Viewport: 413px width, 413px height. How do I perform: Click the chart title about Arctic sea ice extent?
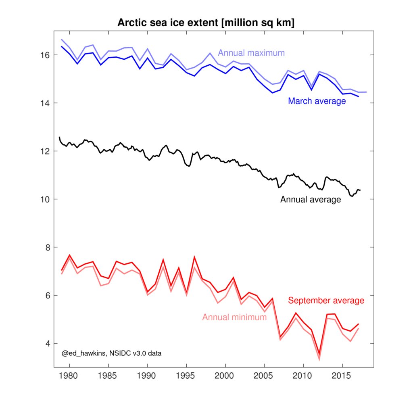coord(206,23)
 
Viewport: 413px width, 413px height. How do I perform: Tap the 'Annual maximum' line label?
coord(251,53)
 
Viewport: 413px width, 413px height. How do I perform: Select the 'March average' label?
coord(317,101)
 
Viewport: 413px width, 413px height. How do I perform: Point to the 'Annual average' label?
coord(311,199)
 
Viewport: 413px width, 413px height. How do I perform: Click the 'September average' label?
coord(326,300)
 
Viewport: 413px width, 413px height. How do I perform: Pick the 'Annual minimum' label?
coord(234,317)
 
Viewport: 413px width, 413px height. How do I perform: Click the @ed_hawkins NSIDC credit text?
coord(112,353)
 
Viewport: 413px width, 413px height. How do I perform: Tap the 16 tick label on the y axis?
coord(44,55)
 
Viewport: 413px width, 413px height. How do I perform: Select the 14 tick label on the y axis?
coord(44,103)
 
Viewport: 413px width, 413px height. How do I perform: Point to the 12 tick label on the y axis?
coord(44,151)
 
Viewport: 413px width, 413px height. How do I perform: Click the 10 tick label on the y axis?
coord(44,199)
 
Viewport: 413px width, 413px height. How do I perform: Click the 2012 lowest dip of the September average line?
coord(319,354)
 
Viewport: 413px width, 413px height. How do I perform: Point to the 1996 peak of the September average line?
coord(194,257)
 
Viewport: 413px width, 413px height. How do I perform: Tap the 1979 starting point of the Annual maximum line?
coord(62,40)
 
